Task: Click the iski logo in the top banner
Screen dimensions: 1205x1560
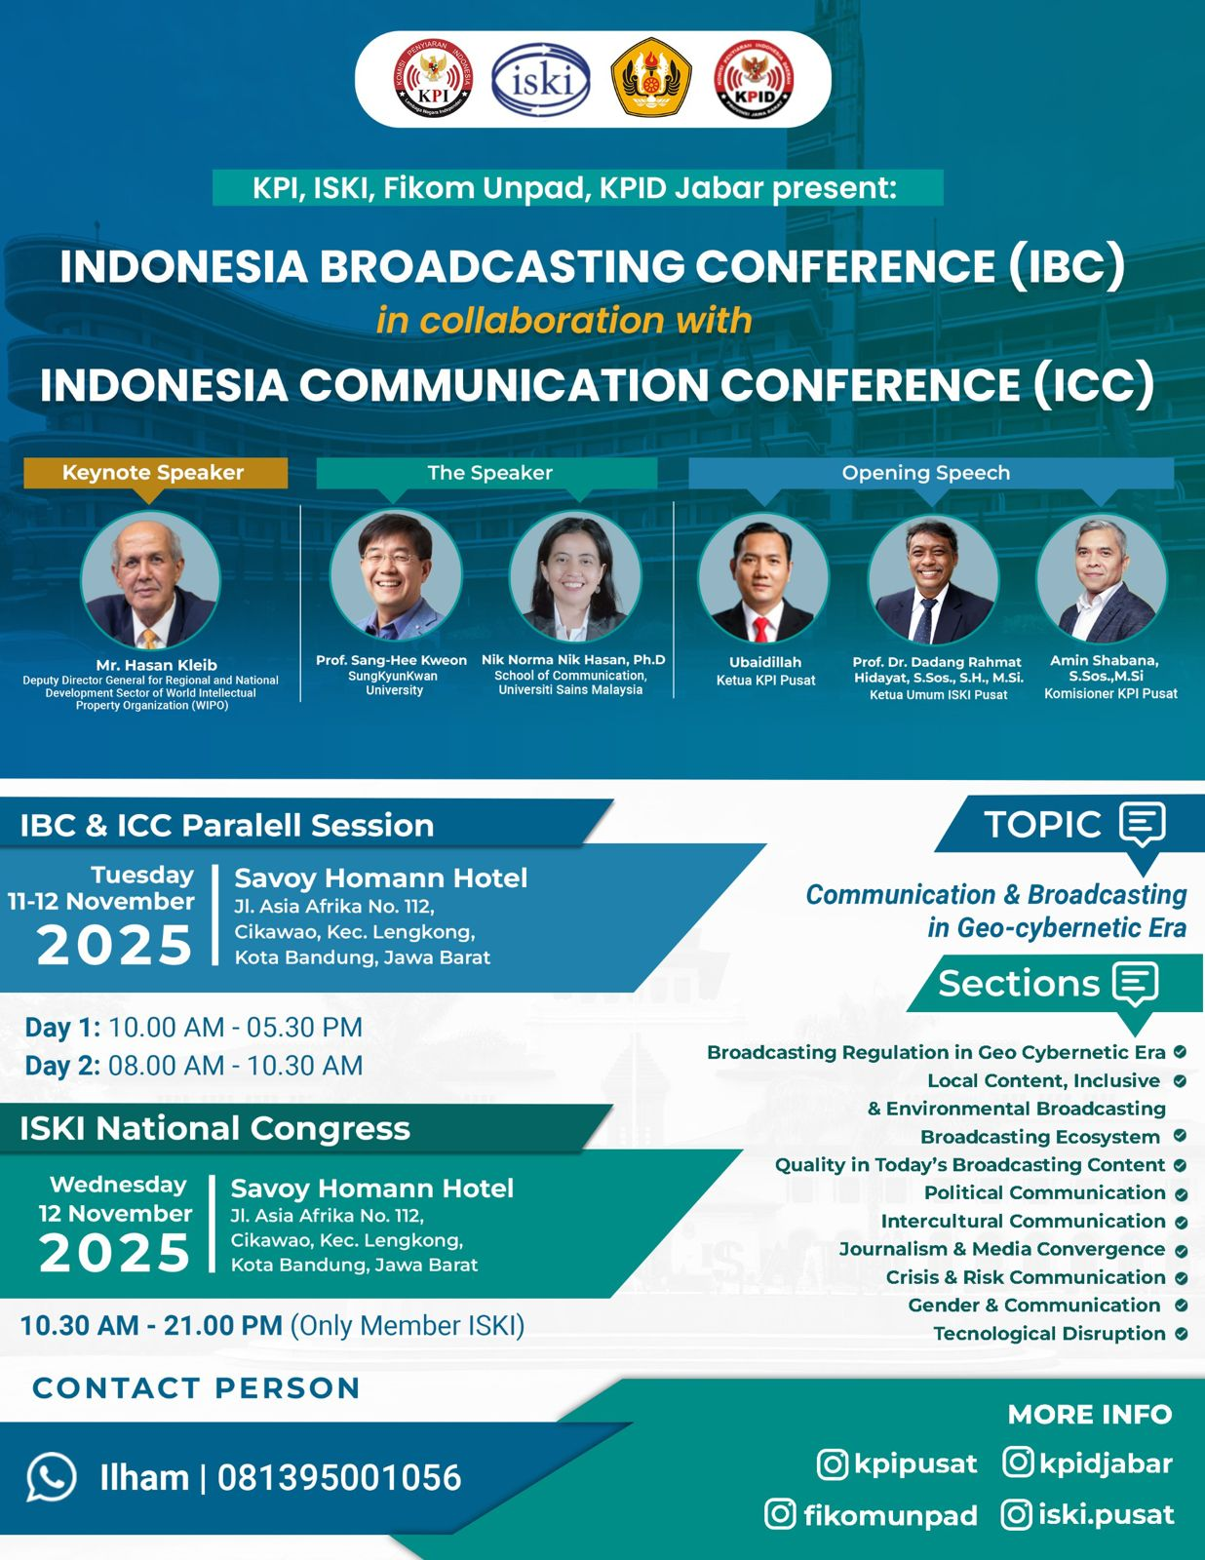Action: (x=540, y=80)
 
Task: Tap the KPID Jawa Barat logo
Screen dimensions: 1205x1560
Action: (x=755, y=79)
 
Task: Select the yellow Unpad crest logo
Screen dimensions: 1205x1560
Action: (x=651, y=78)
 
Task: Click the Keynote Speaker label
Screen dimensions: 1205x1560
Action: (x=153, y=472)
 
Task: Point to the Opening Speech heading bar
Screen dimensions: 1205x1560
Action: (x=931, y=473)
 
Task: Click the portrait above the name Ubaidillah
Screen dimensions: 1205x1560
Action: (x=763, y=578)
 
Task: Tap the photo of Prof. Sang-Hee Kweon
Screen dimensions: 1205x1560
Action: (x=396, y=574)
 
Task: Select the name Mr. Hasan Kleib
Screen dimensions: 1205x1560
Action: (x=156, y=665)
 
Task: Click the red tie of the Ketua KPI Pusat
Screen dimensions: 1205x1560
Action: (x=761, y=629)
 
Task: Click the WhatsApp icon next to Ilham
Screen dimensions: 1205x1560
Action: (x=52, y=1477)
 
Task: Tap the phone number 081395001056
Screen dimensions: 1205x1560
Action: (x=339, y=1477)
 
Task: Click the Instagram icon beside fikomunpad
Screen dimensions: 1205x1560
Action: (x=780, y=1514)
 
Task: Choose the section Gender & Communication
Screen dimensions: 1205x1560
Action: (x=1034, y=1306)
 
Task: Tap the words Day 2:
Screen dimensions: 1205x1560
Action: (x=62, y=1066)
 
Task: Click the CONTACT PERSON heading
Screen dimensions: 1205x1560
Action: (x=196, y=1388)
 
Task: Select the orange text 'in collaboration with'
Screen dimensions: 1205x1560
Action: (x=564, y=321)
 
